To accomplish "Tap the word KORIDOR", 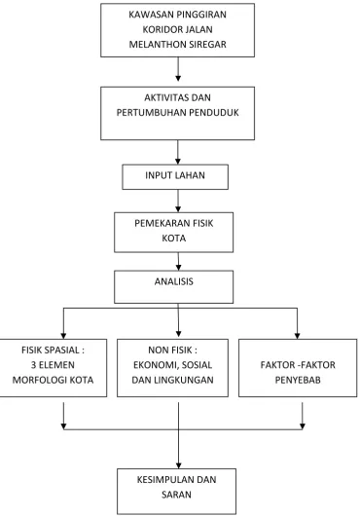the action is pyautogui.click(x=159, y=29).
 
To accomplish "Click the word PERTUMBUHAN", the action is pyautogui.click(x=152, y=113).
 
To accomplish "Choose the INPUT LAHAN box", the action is pyautogui.click(x=175, y=177).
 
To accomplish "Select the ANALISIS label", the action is pyautogui.click(x=174, y=281).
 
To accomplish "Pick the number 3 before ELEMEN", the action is pyautogui.click(x=33, y=365).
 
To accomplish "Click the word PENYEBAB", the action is pyautogui.click(x=298, y=380).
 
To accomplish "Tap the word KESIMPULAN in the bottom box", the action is pyautogui.click(x=166, y=479).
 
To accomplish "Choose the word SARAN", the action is pyautogui.click(x=176, y=495).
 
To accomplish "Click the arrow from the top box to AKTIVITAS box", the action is pyautogui.click(x=178, y=69).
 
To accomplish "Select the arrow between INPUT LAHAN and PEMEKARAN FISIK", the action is pyautogui.click(x=178, y=201).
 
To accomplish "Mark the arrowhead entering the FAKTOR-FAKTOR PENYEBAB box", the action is pyautogui.click(x=297, y=336).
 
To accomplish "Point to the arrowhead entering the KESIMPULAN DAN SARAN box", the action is pyautogui.click(x=178, y=466).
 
